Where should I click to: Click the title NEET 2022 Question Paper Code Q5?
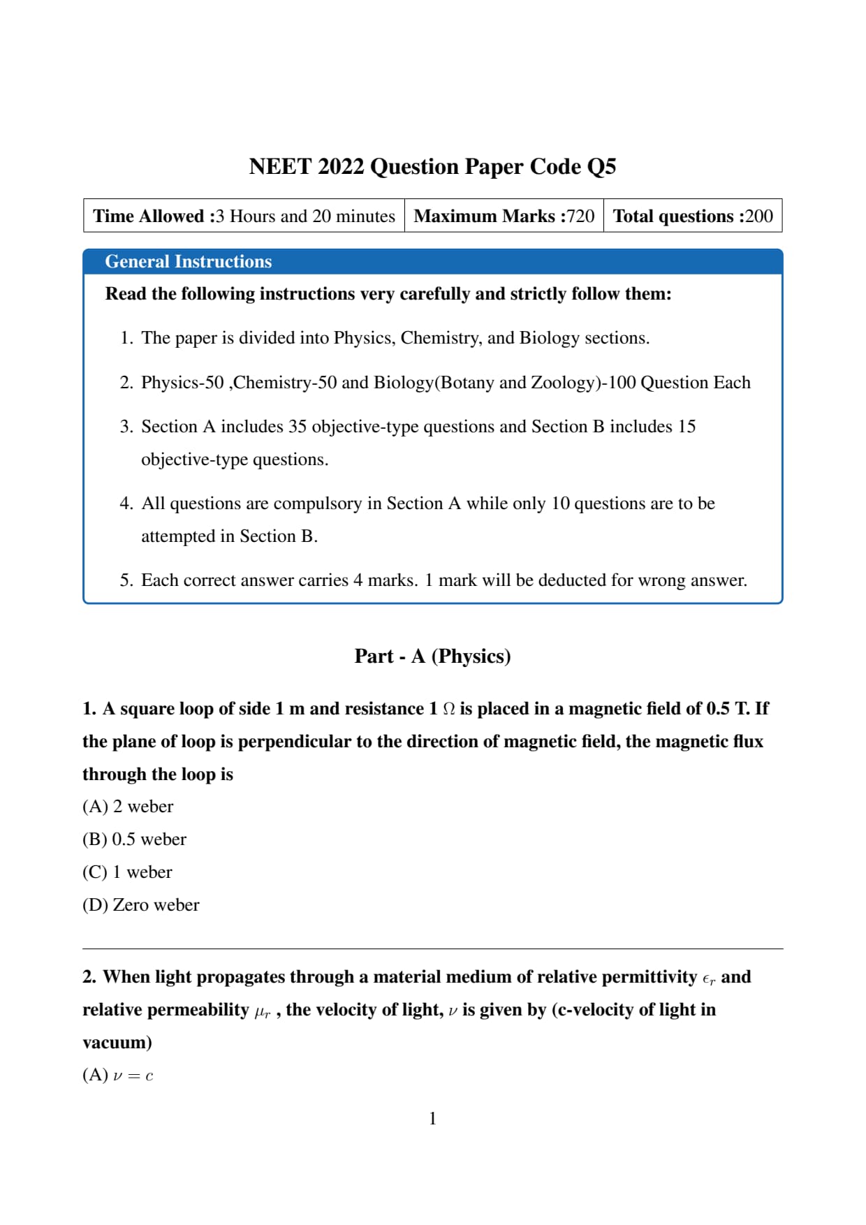[x=432, y=167]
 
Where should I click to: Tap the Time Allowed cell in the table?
[x=244, y=216]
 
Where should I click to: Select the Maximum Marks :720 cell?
[x=504, y=216]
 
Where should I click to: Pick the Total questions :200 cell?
[x=693, y=216]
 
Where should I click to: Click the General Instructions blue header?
[x=189, y=261]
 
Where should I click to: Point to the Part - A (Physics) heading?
[x=432, y=656]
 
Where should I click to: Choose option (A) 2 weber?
[x=128, y=807]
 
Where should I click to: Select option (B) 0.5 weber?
[x=134, y=839]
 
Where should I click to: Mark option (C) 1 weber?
[x=127, y=872]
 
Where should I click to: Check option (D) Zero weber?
[x=140, y=905]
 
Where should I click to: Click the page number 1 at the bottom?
[x=432, y=1119]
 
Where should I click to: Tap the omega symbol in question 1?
[x=449, y=710]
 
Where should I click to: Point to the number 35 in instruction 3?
[x=298, y=427]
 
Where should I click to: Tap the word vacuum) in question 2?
[x=117, y=1043]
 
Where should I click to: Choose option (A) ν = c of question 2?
[x=117, y=1076]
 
